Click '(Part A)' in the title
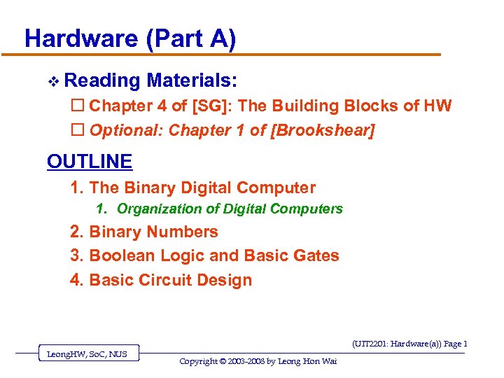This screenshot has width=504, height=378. pyautogui.click(x=191, y=38)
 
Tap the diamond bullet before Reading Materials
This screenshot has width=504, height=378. pyautogui.click(x=54, y=81)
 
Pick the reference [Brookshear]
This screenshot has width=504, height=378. pyautogui.click(x=323, y=130)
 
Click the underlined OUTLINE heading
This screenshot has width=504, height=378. pyautogui.click(x=90, y=162)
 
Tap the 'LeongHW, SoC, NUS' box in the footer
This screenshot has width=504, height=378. pyautogui.click(x=87, y=354)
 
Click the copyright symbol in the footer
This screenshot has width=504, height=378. pyautogui.click(x=223, y=361)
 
